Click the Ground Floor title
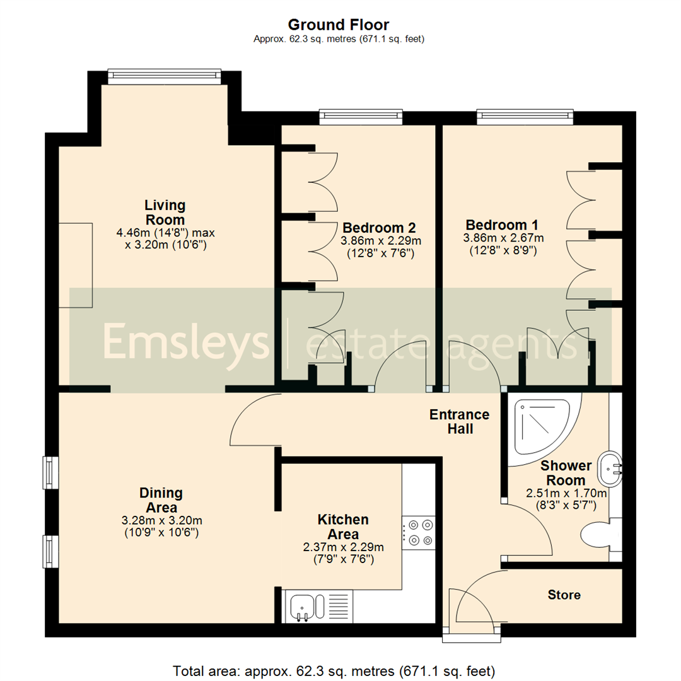[339, 25]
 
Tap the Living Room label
[165, 212]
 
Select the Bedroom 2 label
[378, 227]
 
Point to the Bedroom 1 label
[501, 225]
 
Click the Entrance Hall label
[459, 421]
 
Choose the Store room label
[564, 595]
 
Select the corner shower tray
[542, 426]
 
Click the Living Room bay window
[165, 76]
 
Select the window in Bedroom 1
[525, 115]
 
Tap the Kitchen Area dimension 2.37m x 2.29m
[343, 547]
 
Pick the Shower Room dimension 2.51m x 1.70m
[566, 492]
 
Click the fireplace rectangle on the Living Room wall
[76, 265]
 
